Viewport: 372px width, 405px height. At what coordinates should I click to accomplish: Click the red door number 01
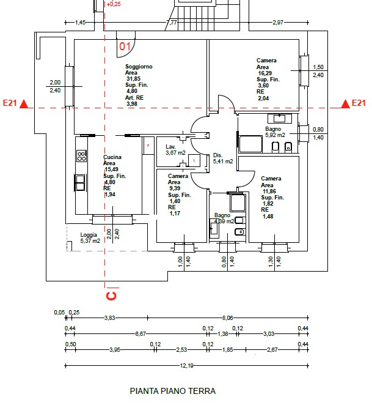(125, 46)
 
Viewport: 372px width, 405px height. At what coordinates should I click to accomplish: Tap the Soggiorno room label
(139, 66)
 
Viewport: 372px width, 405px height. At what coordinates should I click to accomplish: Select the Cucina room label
(112, 157)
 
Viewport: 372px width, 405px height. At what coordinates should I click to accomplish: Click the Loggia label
(89, 235)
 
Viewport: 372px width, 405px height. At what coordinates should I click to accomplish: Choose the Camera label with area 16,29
(266, 61)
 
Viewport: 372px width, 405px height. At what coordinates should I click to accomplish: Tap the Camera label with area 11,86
(271, 179)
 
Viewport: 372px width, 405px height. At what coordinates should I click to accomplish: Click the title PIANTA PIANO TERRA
(173, 390)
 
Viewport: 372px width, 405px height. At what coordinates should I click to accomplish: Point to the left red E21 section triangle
(24, 104)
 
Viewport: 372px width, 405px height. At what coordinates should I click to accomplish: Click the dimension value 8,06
(227, 311)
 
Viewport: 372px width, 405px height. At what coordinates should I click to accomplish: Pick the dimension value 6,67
(140, 334)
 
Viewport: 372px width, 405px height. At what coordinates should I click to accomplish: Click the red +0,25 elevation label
(114, 4)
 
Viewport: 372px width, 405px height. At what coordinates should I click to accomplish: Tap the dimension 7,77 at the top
(172, 23)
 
